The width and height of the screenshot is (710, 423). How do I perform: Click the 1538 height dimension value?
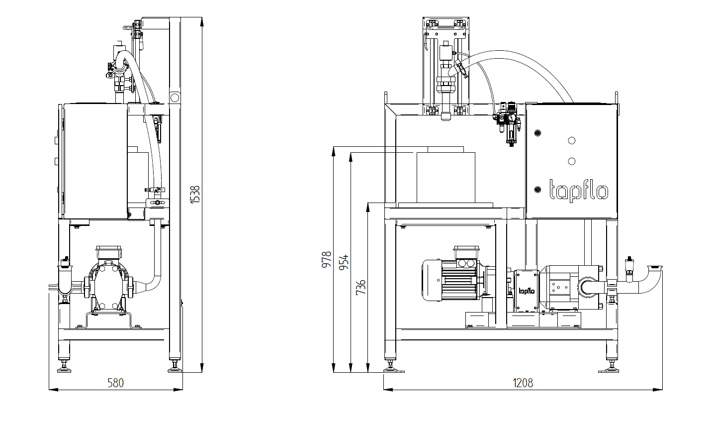pyautogui.click(x=195, y=195)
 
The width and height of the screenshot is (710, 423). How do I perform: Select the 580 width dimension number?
pyautogui.click(x=115, y=383)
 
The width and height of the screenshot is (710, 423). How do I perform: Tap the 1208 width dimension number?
pyautogui.click(x=523, y=383)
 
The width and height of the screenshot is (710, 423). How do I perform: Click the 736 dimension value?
pyautogui.click(x=361, y=287)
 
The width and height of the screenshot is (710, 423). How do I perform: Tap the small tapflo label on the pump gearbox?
pyautogui.click(x=526, y=291)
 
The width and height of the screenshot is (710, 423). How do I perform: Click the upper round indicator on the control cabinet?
pyautogui.click(x=571, y=141)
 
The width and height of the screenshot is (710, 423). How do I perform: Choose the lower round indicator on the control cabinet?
pyautogui.click(x=571, y=161)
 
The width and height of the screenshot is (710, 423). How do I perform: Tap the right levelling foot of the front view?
pyautogui.click(x=612, y=367)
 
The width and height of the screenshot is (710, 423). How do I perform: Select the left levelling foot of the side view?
pyautogui.click(x=65, y=367)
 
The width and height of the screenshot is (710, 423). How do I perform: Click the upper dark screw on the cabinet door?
pyautogui.click(x=537, y=133)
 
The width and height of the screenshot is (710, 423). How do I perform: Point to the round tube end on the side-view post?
pyautogui.click(x=175, y=98)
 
